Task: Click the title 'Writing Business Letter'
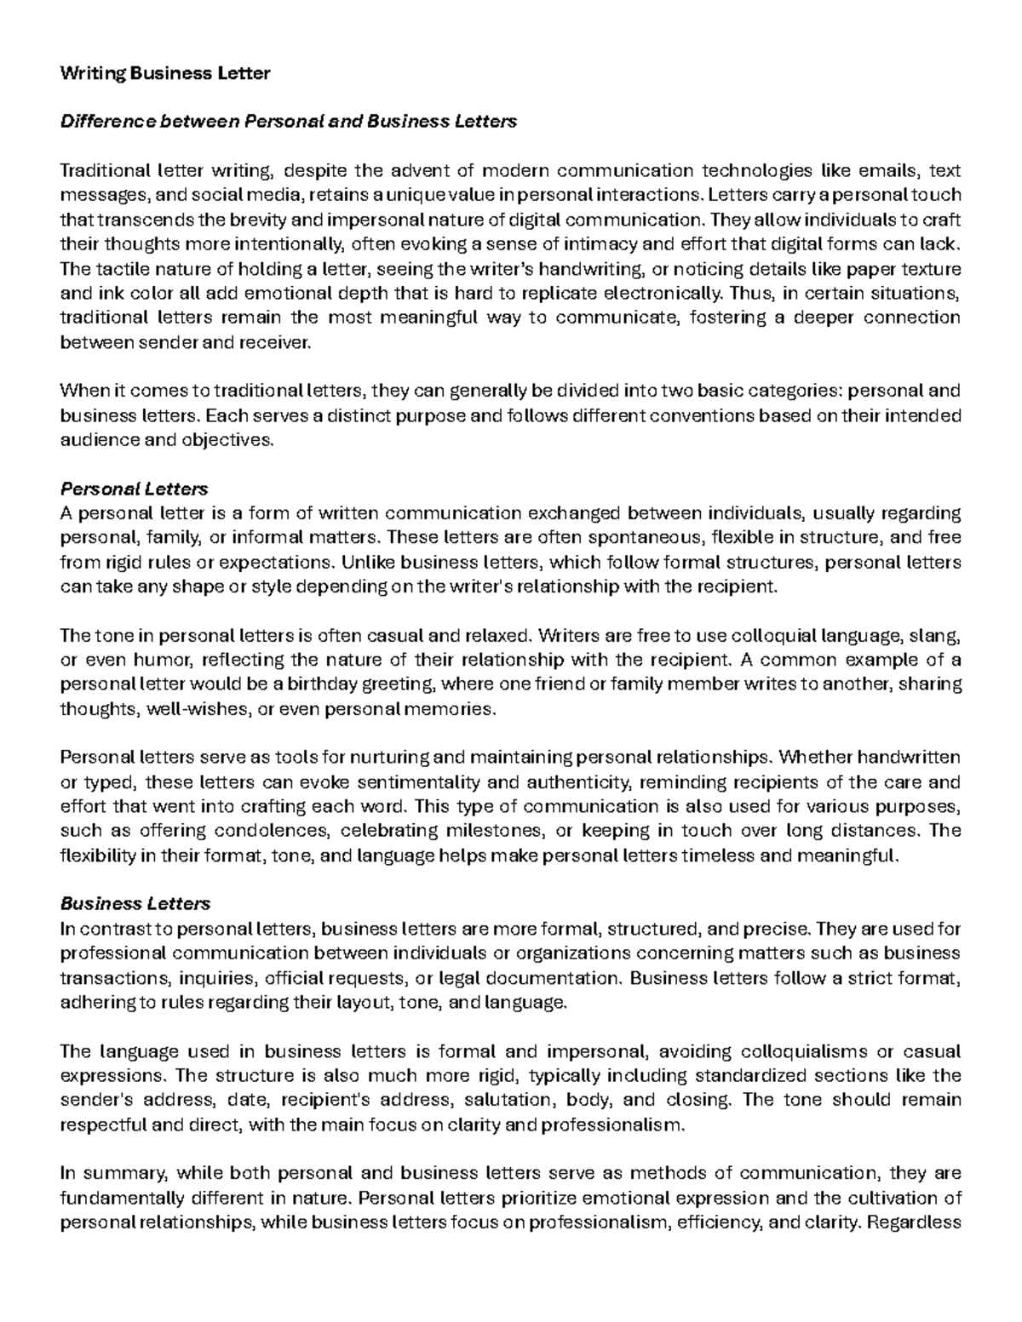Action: tap(164, 73)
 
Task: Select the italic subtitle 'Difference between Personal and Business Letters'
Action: tap(288, 122)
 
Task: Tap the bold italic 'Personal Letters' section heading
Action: tap(134, 489)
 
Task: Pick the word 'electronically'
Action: tap(667, 294)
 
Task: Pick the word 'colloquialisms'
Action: tap(770, 1051)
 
